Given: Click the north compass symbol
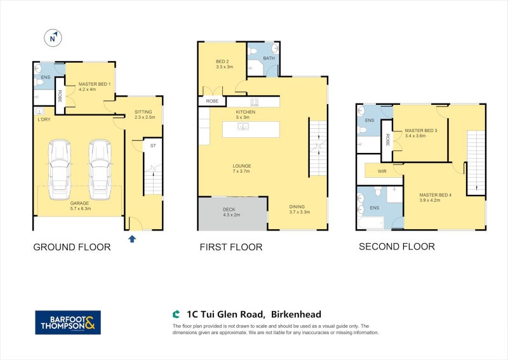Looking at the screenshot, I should click(53, 37).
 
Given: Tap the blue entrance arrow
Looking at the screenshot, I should click(132, 239).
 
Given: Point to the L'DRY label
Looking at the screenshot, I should click(44, 119).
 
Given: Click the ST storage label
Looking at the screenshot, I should click(153, 146).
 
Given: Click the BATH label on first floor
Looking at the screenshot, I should click(269, 58).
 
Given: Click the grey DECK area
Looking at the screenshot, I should click(232, 213).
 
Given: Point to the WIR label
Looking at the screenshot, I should click(382, 171).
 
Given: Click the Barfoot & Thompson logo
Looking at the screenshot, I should click(68, 321).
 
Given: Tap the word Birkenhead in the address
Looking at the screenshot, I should click(295, 314).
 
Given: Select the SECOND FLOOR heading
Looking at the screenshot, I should click(396, 246).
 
